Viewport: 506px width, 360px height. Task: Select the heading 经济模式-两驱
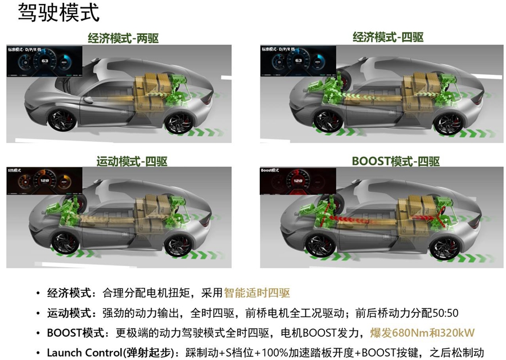[123, 38]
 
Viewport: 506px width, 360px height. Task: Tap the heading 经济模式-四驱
[388, 38]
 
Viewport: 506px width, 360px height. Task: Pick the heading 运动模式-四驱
[132, 161]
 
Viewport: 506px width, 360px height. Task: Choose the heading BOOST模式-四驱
[387, 161]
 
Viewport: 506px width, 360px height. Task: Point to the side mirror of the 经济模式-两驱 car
[88, 100]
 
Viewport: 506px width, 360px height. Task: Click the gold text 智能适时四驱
[257, 293]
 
